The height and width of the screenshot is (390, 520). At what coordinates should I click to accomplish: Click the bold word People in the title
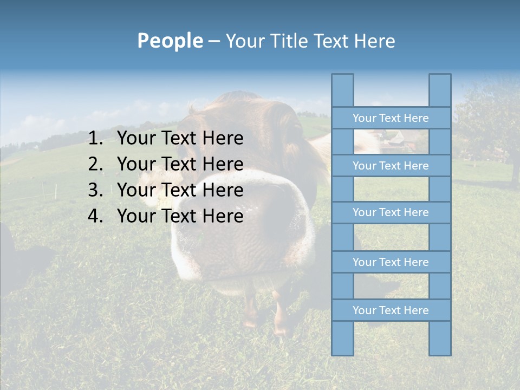[170, 41]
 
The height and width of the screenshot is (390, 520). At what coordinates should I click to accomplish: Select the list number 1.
[95, 139]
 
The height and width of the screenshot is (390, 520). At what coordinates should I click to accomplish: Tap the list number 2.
[95, 164]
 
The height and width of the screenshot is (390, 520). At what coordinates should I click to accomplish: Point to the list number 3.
[95, 190]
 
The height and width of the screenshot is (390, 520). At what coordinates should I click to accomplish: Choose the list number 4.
[95, 216]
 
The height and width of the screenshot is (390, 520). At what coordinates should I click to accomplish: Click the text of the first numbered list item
[180, 139]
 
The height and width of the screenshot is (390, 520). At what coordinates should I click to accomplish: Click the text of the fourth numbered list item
[180, 216]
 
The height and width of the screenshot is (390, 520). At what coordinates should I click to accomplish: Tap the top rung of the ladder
[391, 118]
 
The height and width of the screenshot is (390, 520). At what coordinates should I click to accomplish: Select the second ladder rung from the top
[391, 166]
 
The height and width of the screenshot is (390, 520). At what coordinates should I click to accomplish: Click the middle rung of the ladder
[391, 212]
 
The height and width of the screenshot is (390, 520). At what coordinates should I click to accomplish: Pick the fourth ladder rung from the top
[391, 262]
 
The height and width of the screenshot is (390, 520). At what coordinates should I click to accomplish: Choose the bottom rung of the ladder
[391, 310]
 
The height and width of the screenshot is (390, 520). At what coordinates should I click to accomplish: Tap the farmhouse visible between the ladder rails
[398, 142]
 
